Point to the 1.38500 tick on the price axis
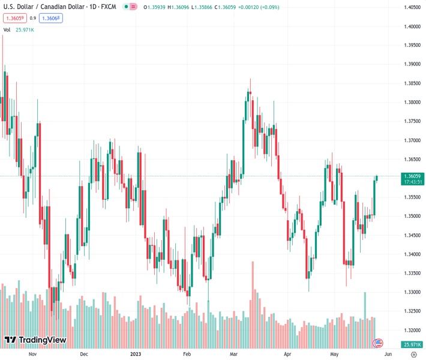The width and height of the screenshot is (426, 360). click(411, 83)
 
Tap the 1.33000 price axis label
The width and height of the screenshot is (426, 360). click(411, 292)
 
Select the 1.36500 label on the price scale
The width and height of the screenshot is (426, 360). click(411, 160)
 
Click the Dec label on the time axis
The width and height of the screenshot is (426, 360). click(84, 354)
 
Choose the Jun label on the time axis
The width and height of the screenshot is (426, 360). click(388, 354)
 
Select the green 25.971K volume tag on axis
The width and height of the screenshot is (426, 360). click(412, 344)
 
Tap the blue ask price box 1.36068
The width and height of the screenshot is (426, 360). click(50, 18)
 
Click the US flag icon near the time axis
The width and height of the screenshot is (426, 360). click(378, 343)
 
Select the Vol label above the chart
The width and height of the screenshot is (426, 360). click(7, 29)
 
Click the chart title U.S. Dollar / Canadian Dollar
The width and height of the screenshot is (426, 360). click(41, 7)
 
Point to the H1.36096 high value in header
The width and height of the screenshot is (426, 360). click(179, 7)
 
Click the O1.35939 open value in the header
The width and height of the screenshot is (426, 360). click(154, 7)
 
